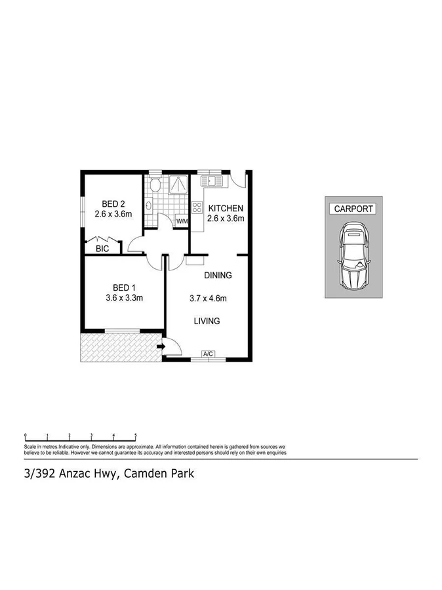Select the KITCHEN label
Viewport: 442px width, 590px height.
pos(226,208)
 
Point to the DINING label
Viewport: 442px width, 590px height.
pos(218,275)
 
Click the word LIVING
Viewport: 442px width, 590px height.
pos(206,321)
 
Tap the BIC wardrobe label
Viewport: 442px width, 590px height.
pos(102,249)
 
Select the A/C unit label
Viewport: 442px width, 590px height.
pos(209,354)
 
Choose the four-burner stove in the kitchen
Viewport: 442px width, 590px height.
pos(196,207)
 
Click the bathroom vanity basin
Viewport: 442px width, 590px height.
pos(149,206)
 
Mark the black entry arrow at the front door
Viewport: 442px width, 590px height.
pos(160,345)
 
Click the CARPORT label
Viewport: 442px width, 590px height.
pos(354,209)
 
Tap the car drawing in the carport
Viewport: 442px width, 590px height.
pos(354,256)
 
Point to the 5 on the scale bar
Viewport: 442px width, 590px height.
pos(136,434)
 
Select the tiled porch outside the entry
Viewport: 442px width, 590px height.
pos(118,346)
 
